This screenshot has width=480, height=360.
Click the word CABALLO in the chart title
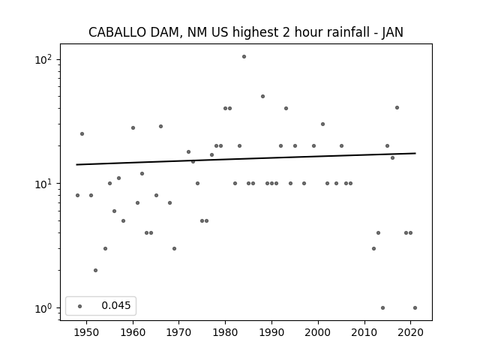click(117, 32)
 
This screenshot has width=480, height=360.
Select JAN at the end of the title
click(393, 32)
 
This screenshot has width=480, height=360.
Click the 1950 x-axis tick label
click(87, 332)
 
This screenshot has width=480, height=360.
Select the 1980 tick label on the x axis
click(225, 332)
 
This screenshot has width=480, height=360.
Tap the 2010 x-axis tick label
click(364, 332)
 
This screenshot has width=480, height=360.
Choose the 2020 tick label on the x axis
click(410, 332)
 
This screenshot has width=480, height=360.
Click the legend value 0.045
click(116, 305)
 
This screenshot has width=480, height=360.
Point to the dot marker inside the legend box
click(80, 306)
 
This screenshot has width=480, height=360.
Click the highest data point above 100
click(244, 57)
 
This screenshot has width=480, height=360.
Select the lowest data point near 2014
click(382, 308)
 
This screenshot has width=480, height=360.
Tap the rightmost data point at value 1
click(415, 308)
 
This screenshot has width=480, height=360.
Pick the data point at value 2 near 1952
click(95, 270)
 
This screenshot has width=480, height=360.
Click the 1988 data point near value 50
click(262, 97)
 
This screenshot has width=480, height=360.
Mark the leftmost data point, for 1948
click(77, 195)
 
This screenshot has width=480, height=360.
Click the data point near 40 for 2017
click(397, 107)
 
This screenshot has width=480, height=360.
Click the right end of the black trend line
click(415, 153)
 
